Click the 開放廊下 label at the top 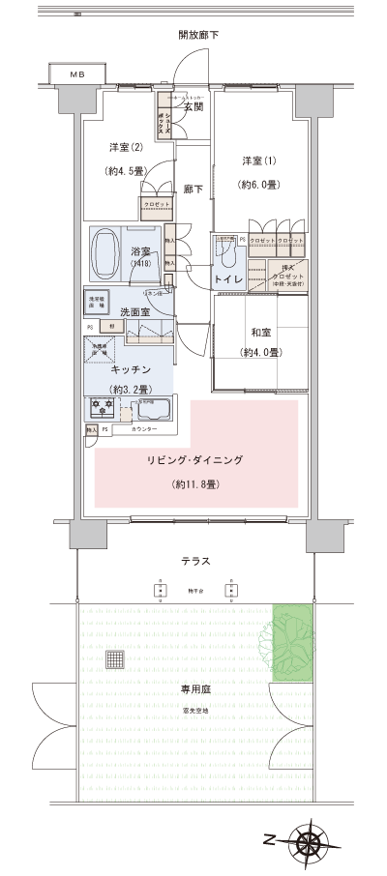(199, 36)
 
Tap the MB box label (75, 75)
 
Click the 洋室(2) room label (126, 147)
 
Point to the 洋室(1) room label (258, 160)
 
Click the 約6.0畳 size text (258, 184)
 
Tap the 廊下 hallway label (193, 190)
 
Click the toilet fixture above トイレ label (225, 253)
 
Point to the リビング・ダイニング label (194, 460)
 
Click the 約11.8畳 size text (194, 482)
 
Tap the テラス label (196, 561)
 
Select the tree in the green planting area (291, 642)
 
